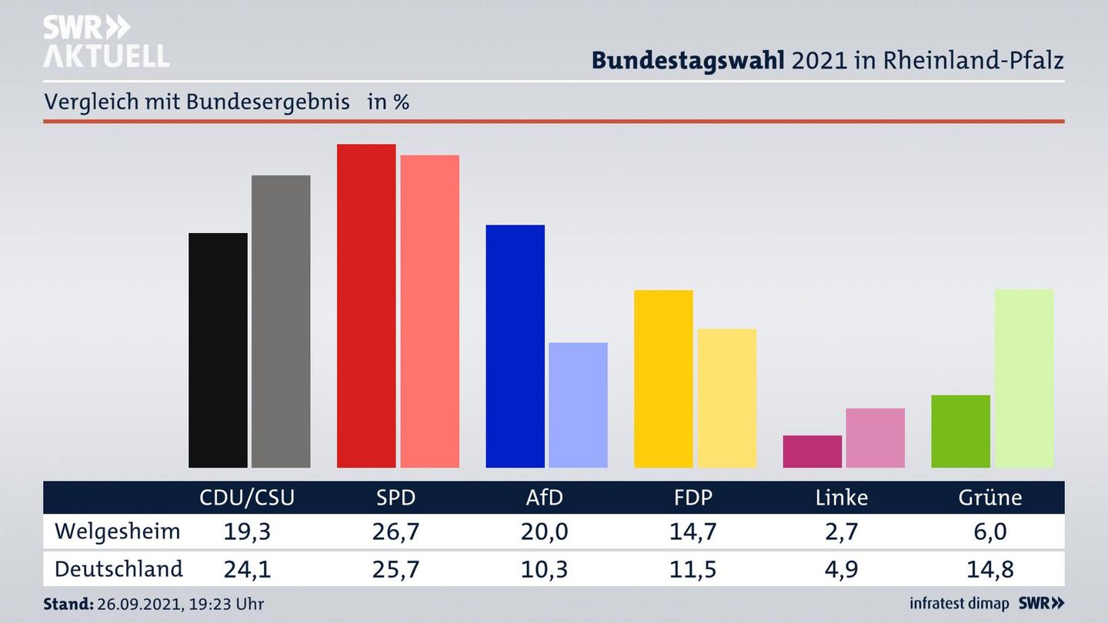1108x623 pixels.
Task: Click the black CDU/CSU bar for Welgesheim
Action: tap(218, 350)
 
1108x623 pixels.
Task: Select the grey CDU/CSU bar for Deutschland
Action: tap(281, 321)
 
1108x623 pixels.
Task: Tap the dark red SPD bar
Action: tap(366, 305)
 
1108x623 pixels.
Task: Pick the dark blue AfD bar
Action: tap(515, 346)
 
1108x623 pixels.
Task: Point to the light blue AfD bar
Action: tap(578, 405)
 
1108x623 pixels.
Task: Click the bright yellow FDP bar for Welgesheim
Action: tap(663, 378)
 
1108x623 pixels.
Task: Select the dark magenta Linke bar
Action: tap(812, 451)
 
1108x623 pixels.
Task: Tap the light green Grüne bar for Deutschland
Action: tap(1023, 378)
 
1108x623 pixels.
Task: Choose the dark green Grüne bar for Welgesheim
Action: tap(960, 431)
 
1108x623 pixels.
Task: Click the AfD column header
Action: tap(544, 498)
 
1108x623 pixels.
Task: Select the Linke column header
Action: tap(841, 498)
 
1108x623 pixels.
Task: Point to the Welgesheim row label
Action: tap(117, 531)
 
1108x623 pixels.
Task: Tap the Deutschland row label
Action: tap(118, 569)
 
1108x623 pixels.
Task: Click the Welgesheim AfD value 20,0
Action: tap(544, 531)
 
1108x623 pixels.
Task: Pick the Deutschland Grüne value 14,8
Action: tap(990, 569)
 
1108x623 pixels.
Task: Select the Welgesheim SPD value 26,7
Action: tap(395, 531)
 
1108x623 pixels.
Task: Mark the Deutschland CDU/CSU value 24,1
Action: tap(247, 569)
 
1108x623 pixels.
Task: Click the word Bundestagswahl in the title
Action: tap(688, 61)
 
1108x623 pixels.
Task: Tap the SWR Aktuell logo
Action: tap(105, 42)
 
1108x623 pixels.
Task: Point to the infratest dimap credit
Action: tap(959, 604)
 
